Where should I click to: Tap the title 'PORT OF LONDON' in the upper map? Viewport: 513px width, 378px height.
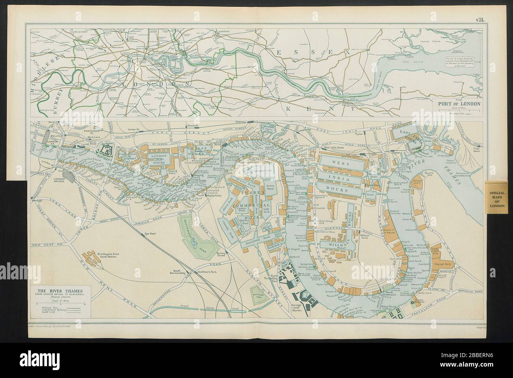tap(457, 103)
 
